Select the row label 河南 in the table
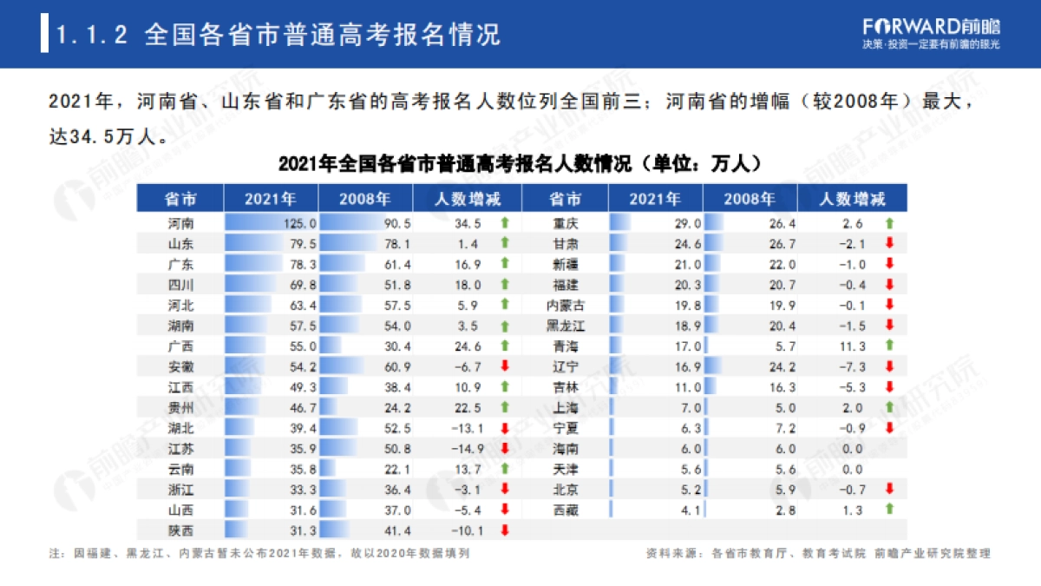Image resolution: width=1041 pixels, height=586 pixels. click(180, 223)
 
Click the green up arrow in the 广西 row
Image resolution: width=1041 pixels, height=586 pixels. click(504, 346)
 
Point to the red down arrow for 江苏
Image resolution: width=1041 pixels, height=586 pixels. click(504, 448)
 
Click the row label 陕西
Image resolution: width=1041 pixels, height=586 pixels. click(180, 530)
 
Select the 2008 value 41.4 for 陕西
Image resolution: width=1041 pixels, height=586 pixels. click(396, 530)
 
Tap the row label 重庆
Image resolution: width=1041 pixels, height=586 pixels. click(566, 223)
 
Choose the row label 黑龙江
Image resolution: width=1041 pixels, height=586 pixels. click(566, 326)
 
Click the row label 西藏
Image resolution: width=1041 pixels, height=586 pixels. click(566, 510)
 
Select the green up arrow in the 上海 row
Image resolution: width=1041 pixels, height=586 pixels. click(888, 407)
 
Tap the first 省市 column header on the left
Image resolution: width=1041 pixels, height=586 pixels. click(180, 199)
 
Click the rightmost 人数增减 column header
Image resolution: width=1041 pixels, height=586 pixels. click(853, 199)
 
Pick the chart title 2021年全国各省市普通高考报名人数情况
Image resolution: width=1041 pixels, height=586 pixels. click(520, 163)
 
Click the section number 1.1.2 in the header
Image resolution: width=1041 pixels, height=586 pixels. click(92, 35)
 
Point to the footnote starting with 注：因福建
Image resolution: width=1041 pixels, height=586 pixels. click(259, 553)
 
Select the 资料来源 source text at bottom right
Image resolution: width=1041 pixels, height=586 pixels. click(818, 553)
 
